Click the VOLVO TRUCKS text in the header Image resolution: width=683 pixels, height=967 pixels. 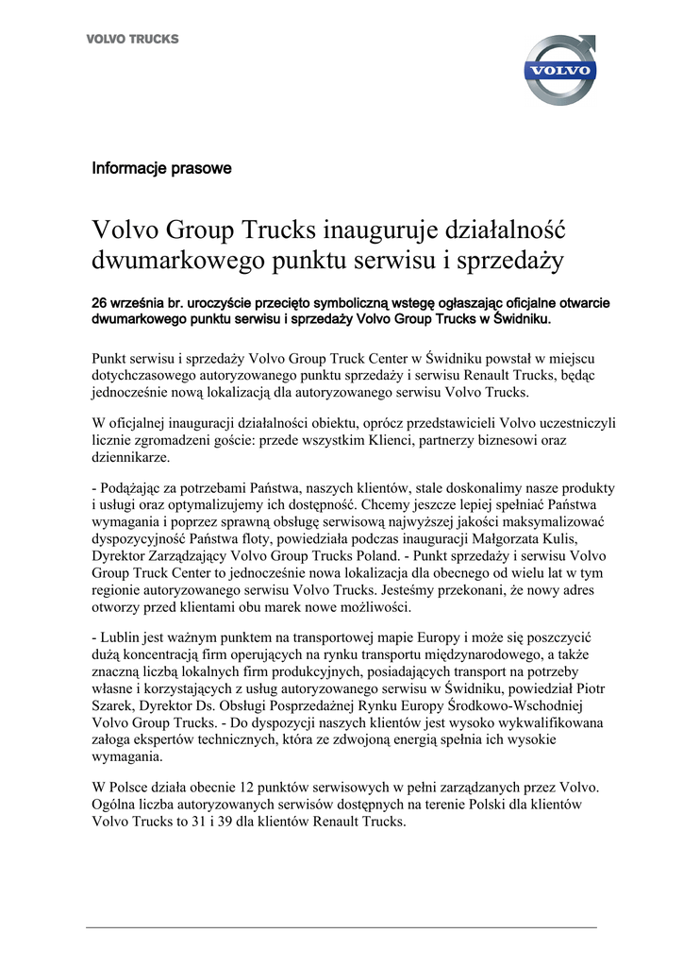point(132,40)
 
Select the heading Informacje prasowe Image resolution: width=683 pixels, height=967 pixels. point(161,169)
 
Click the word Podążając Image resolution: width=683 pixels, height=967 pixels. point(134,488)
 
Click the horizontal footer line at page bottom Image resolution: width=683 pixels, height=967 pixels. point(341,928)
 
